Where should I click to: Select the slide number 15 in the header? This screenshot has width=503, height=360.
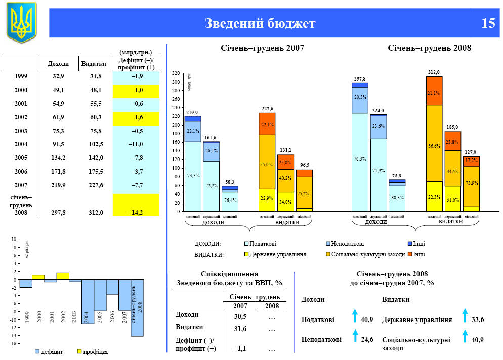[x=488, y=24]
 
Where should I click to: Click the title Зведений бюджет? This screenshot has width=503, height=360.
[x=260, y=24]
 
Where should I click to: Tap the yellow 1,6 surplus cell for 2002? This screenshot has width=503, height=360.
[x=136, y=117]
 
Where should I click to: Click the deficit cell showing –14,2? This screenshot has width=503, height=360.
[x=136, y=213]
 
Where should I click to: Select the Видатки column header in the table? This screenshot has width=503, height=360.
[x=93, y=64]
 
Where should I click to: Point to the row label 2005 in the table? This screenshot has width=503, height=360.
[x=21, y=158]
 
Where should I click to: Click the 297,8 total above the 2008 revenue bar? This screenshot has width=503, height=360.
[x=360, y=79]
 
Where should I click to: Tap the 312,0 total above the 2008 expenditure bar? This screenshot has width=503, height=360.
[x=434, y=72]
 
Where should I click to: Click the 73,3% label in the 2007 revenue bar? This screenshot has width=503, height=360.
[x=193, y=175]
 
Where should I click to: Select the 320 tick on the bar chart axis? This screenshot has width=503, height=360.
[x=176, y=73]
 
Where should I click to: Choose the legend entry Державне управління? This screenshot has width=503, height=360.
[x=278, y=254]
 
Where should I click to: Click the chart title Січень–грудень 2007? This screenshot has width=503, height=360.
[x=263, y=48]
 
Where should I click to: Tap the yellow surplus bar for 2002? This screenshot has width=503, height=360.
[x=63, y=276]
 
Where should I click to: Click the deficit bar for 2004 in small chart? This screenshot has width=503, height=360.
[x=88, y=301]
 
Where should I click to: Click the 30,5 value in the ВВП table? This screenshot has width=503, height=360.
[x=240, y=316]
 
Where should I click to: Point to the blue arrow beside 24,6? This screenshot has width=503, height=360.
[x=355, y=335]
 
